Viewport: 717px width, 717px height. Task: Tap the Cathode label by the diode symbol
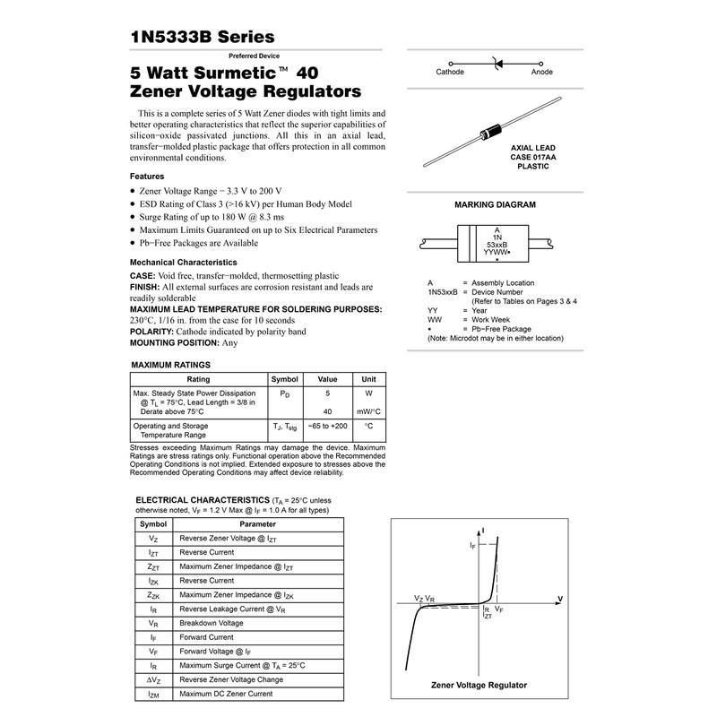point(449,72)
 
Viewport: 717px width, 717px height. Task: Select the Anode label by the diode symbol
point(542,72)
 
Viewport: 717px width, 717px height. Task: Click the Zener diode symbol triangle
point(498,63)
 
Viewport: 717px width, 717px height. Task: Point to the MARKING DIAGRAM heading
point(495,204)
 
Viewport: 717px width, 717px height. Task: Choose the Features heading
point(147,177)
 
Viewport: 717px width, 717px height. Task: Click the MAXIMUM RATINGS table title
point(171,365)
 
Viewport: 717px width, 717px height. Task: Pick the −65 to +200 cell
point(327,426)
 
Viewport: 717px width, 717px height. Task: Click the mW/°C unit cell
point(368,411)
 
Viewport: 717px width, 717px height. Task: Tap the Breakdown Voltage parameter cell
point(212,622)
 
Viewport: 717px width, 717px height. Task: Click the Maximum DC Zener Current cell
point(226,694)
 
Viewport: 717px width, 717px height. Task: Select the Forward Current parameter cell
point(208,637)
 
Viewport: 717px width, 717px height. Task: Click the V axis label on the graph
point(559,598)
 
